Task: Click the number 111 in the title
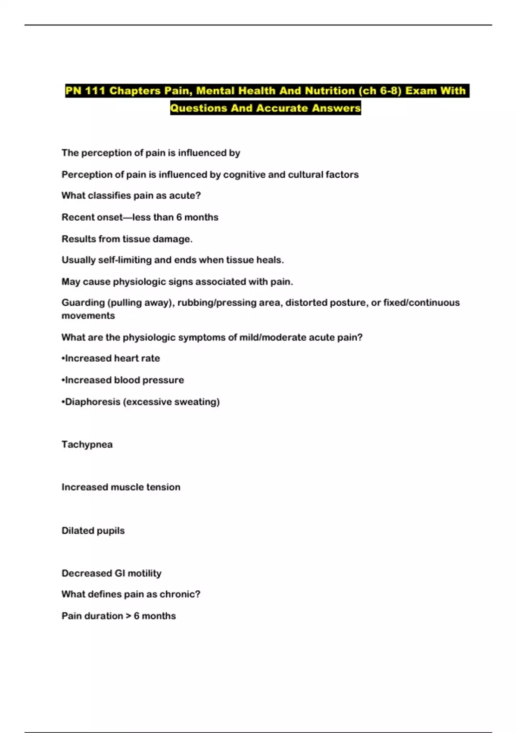tap(94, 91)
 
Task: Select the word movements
tap(88, 316)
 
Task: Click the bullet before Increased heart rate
tap(63, 359)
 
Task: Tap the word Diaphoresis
tap(93, 402)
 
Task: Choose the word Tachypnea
tap(87, 445)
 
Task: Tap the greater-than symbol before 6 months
tap(128, 616)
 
